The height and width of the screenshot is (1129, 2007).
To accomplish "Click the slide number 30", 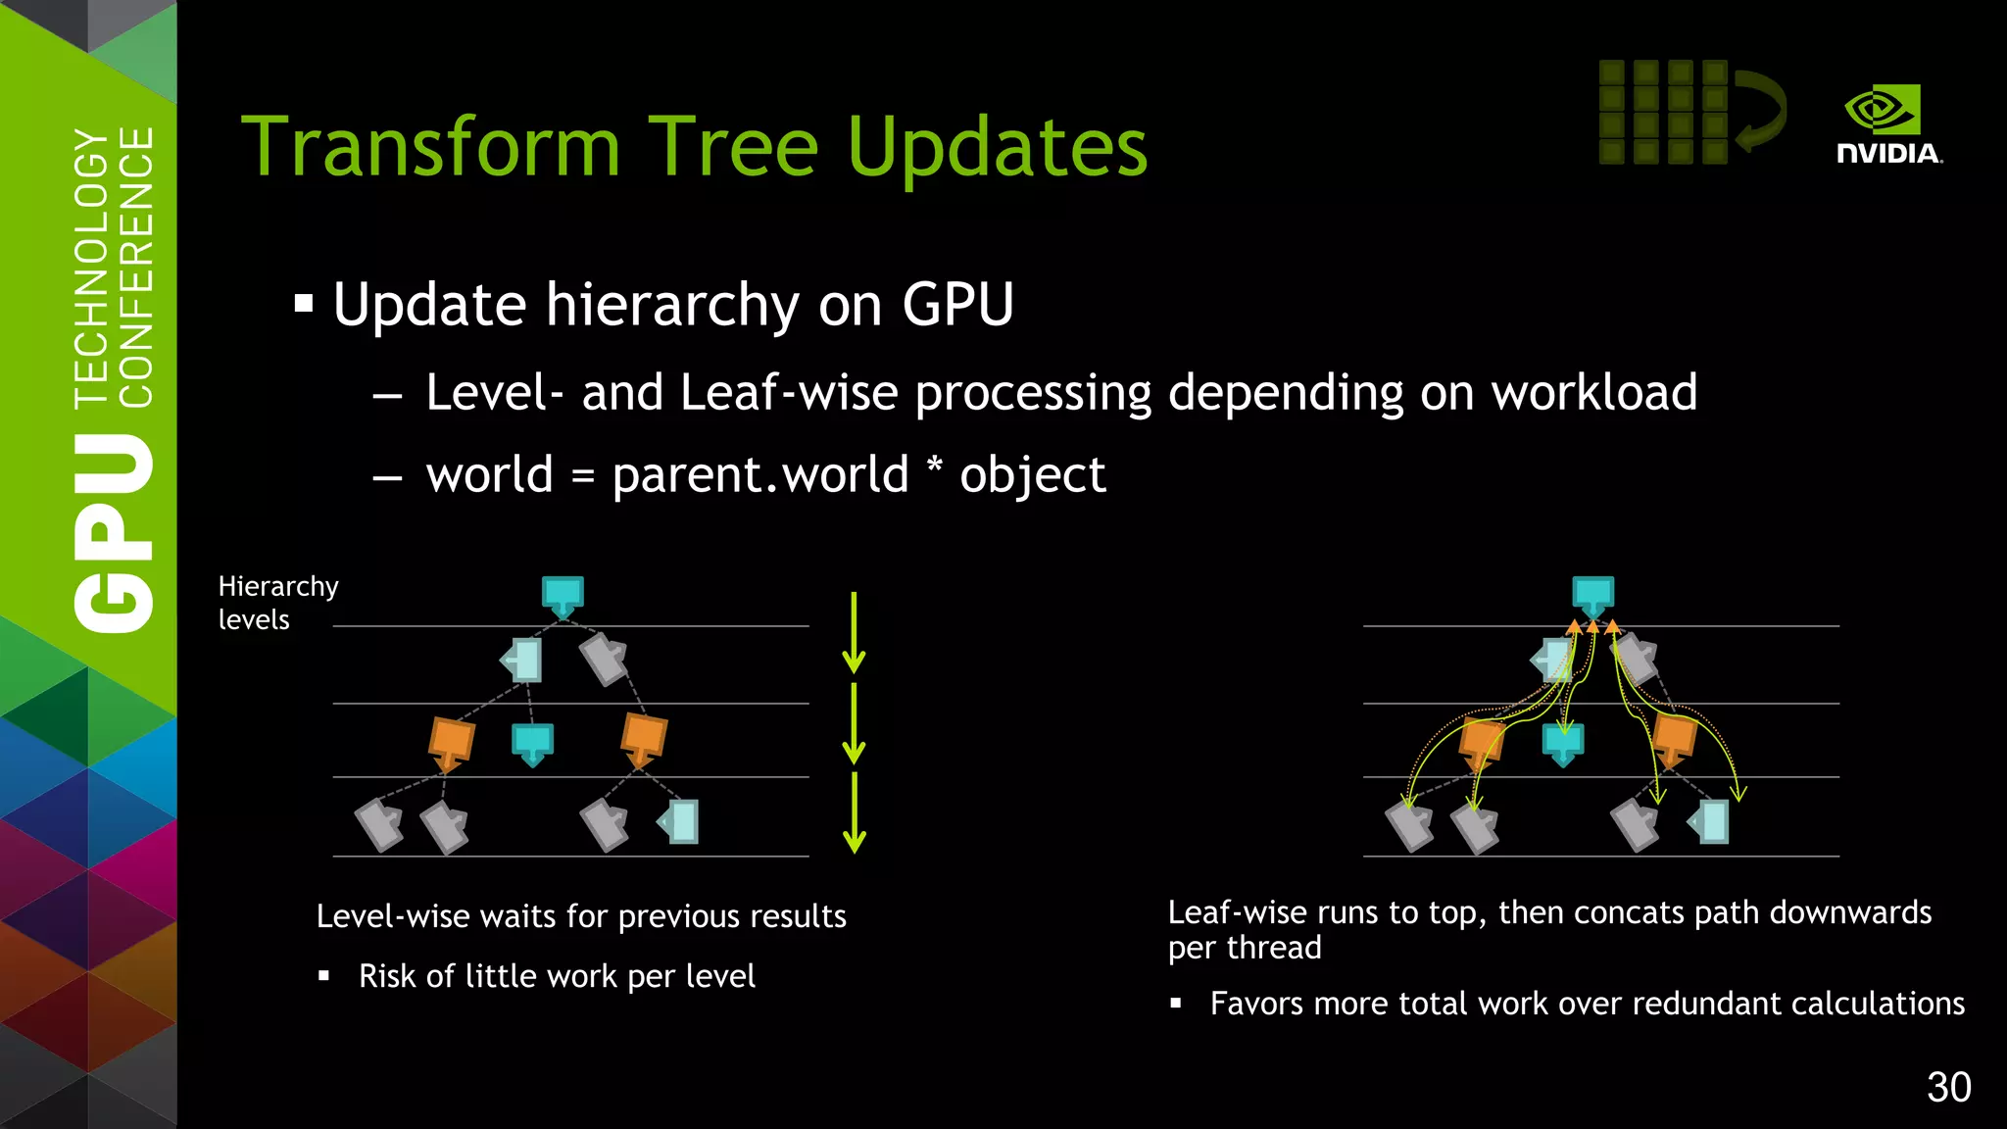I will (1948, 1087).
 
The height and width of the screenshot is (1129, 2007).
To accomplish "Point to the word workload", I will (1593, 393).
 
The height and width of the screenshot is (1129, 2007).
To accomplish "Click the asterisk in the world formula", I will (934, 467).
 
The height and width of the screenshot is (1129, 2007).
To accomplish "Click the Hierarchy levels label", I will (277, 602).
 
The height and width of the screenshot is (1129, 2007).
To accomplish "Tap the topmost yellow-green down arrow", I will (854, 632).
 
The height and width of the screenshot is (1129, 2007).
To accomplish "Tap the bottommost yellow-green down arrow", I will (854, 812).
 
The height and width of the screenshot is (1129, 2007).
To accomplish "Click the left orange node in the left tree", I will (451, 743).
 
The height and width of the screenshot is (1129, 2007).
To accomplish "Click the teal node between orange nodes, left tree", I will (532, 743).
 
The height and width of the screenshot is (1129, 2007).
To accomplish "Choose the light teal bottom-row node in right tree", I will (1710, 821).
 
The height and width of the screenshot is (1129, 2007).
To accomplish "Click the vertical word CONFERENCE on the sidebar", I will (136, 267).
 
